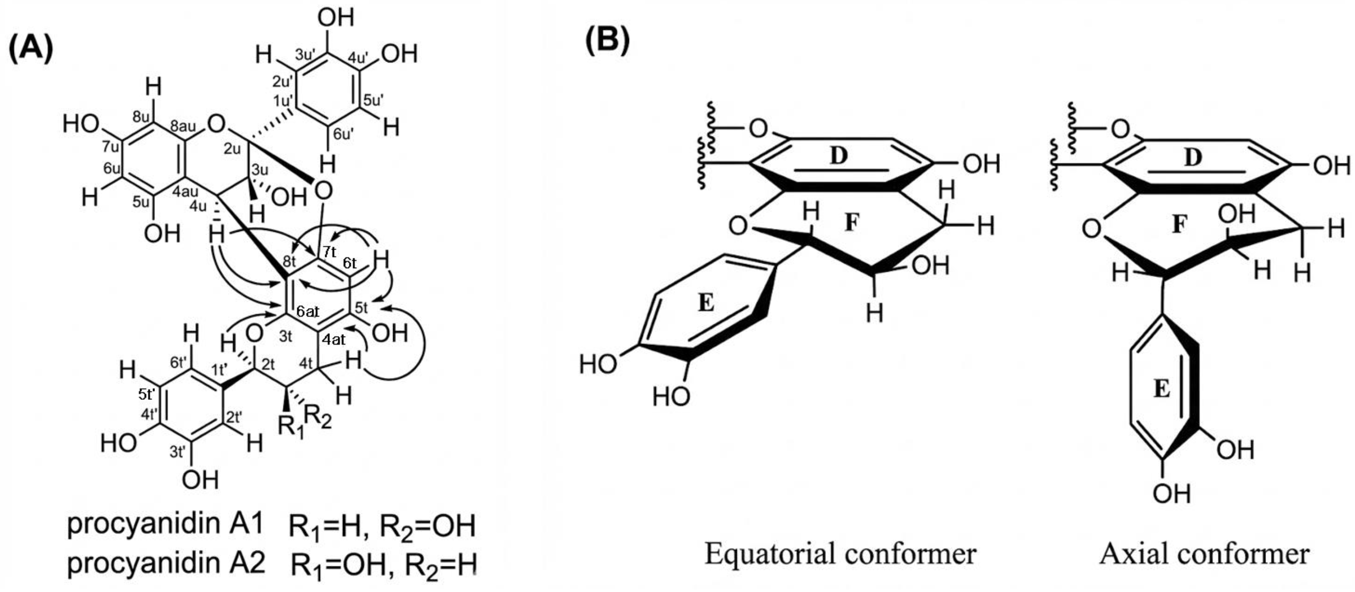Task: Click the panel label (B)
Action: [607, 39]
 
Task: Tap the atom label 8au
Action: [183, 127]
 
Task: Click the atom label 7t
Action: [329, 252]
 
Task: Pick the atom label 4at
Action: [334, 340]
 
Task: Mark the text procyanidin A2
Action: [166, 563]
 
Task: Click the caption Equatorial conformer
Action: [840, 554]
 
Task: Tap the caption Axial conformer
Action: [1204, 554]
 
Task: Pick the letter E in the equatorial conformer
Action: [706, 303]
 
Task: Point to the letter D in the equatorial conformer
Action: [839, 156]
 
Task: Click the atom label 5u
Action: [141, 203]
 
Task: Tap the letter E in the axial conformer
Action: [1162, 389]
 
